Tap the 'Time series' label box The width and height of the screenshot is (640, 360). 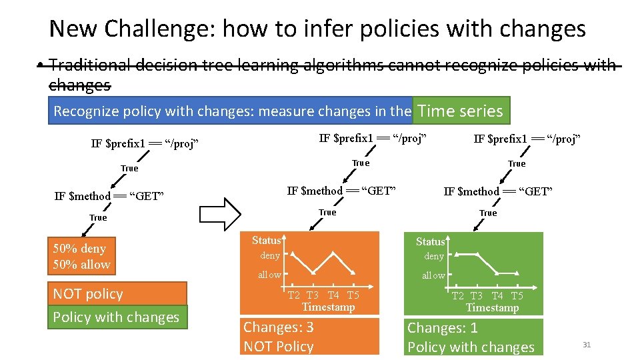click(460, 111)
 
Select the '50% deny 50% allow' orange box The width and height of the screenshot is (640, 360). click(81, 256)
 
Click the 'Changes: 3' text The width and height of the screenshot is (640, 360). click(279, 327)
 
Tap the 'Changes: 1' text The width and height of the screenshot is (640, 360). click(443, 328)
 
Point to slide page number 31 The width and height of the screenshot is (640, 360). click(587, 345)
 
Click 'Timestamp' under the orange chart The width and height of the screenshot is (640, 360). click(328, 307)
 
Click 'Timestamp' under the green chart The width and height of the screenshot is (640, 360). click(492, 308)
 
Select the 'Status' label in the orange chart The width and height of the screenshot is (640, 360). click(266, 240)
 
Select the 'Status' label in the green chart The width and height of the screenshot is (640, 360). click(430, 241)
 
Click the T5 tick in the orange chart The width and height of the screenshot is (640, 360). click(353, 295)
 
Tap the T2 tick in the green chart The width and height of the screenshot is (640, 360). click(458, 296)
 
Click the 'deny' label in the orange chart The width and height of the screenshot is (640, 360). click(270, 255)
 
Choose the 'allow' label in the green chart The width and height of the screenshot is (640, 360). click(433, 275)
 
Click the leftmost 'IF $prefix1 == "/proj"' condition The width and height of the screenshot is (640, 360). click(145, 144)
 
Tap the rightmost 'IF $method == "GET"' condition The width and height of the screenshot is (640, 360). click(498, 191)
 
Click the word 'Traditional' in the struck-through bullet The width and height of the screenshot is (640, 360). click(90, 65)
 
